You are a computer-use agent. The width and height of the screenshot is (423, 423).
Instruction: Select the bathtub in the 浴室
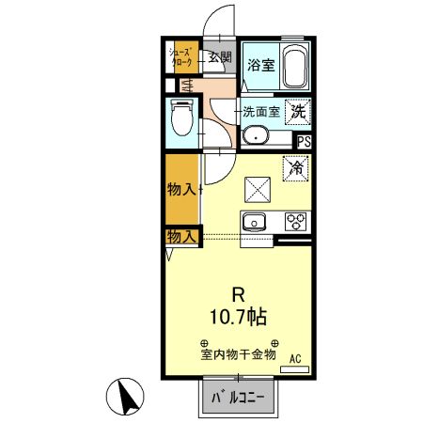click(296, 66)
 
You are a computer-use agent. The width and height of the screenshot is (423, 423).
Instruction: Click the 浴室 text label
click(260, 65)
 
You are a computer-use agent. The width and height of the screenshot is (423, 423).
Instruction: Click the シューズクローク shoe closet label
click(181, 56)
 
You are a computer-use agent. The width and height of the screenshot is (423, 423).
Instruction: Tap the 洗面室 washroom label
click(261, 111)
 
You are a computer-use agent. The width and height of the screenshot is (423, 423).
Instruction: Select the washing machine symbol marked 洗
click(298, 111)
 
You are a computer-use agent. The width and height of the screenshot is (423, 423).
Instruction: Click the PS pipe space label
click(304, 142)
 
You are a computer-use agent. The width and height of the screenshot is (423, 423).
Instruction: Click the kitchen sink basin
click(255, 224)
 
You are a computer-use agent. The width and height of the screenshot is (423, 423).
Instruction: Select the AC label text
click(295, 358)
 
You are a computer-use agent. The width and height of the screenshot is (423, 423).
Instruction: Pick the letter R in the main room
click(239, 291)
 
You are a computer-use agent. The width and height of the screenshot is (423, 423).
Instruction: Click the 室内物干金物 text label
click(239, 354)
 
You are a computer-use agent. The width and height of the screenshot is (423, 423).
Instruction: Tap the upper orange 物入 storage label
click(182, 189)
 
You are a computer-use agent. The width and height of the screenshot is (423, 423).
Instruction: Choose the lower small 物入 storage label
click(181, 235)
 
